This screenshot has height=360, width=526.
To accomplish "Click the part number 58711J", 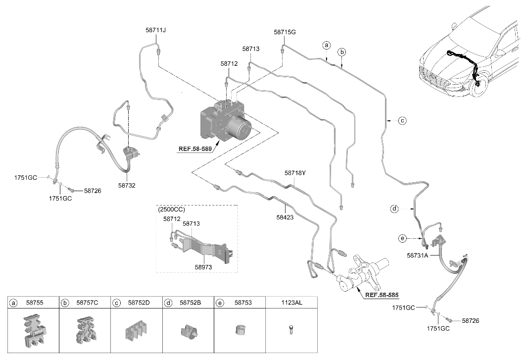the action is [x=156, y=30].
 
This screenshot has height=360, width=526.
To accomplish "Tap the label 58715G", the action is [x=285, y=32].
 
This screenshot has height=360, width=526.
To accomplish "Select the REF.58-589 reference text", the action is [x=195, y=149].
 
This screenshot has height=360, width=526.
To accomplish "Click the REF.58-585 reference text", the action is [x=382, y=295].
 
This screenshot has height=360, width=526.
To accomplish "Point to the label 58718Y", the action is [x=295, y=173].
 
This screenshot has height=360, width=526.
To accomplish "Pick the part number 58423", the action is [x=285, y=217].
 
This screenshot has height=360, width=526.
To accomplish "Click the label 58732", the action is [x=127, y=185].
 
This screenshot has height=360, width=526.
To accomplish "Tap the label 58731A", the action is [x=417, y=256].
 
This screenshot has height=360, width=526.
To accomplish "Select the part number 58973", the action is [x=203, y=267].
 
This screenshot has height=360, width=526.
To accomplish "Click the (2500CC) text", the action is [x=171, y=209].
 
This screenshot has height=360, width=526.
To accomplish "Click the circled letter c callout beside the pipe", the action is [x=402, y=120].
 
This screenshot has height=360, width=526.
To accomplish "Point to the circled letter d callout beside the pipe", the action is [x=394, y=209].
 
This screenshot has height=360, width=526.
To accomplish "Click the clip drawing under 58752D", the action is [x=137, y=331].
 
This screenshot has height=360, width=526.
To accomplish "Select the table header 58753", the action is [x=243, y=303].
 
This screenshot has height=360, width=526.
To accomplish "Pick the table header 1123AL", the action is [x=291, y=303].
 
